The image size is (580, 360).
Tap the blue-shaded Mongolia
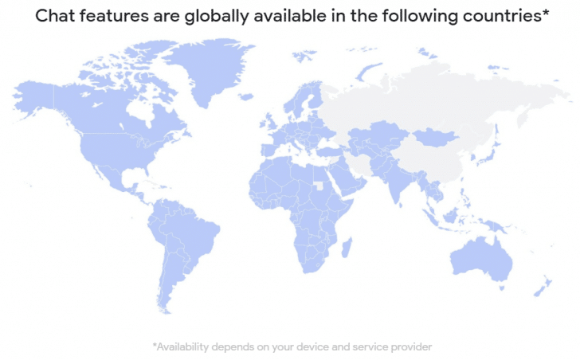(x=435, y=135)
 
